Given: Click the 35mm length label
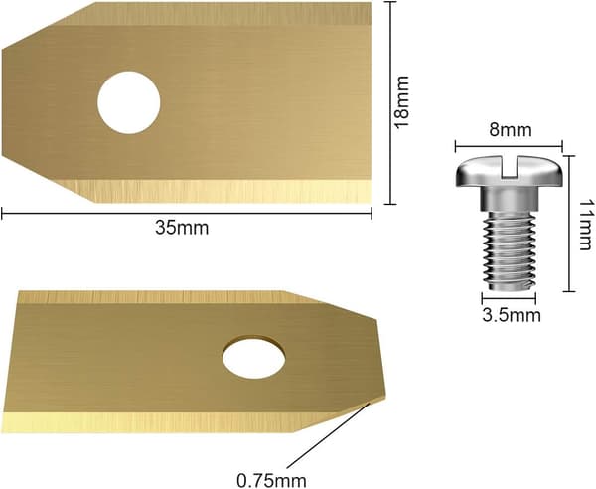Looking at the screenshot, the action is pos(182,229).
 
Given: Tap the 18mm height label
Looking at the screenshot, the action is pos(401,102).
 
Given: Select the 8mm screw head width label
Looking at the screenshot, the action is pos(511,130).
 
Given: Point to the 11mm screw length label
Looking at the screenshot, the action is pos(585,225).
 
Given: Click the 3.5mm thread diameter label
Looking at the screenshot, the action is pos(512,315).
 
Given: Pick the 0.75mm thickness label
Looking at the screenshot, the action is pos(271,480).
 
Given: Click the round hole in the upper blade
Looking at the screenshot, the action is pos(129,102).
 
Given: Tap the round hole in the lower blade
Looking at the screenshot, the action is pos(253,357).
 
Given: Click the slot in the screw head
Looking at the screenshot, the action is pos(510,169).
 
